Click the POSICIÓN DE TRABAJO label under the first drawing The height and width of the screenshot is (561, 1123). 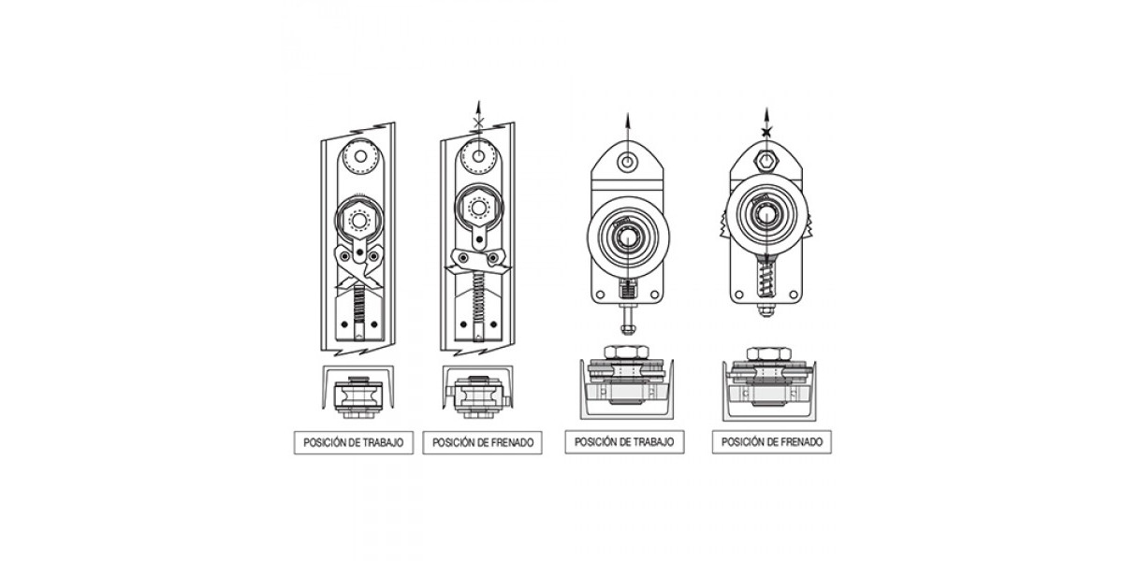click(x=354, y=443)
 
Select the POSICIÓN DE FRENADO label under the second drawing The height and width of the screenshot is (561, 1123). click(x=482, y=443)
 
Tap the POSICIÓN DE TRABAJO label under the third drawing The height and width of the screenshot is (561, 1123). click(x=625, y=442)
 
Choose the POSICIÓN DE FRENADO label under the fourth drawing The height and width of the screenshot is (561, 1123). click(x=772, y=442)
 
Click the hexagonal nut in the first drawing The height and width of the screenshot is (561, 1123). click(x=358, y=220)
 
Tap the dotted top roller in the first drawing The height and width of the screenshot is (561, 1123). click(x=360, y=156)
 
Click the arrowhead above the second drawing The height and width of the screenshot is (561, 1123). click(x=479, y=108)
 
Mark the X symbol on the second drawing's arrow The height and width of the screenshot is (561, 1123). click(x=479, y=122)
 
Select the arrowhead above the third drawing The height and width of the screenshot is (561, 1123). click(x=627, y=121)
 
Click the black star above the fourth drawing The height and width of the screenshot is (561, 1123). click(x=766, y=132)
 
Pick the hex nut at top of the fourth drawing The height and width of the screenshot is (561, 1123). click(x=766, y=161)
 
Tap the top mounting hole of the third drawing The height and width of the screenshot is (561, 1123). click(x=627, y=162)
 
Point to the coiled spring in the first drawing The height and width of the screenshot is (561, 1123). click(x=359, y=304)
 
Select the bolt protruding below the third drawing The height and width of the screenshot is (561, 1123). click(x=627, y=319)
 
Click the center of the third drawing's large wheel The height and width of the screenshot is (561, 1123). click(x=627, y=237)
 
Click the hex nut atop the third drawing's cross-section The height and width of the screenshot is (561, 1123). click(x=627, y=352)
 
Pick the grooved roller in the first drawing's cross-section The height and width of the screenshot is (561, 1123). click(x=358, y=396)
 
